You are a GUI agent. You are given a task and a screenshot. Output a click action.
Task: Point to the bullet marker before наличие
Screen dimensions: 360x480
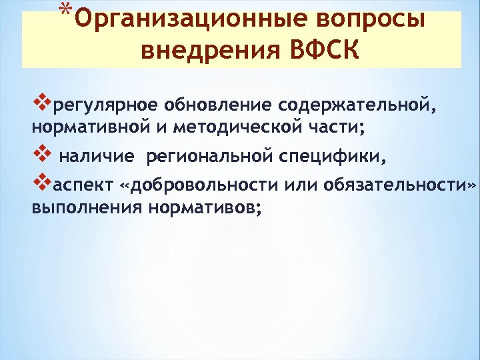coord(41,156)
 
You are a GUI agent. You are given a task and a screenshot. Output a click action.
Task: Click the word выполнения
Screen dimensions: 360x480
coord(87,207)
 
